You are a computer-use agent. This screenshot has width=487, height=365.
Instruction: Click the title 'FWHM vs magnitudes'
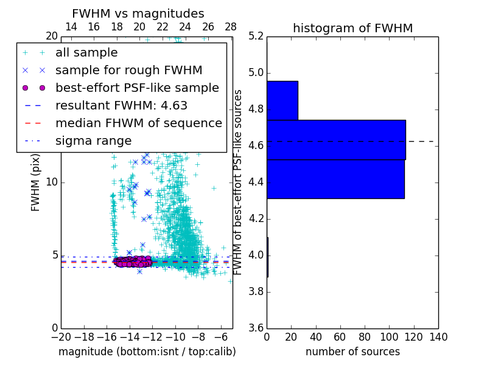pos(138,13)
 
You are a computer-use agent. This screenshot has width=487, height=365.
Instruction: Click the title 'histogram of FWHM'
pos(352,28)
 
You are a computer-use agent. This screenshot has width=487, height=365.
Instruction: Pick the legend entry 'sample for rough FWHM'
pos(128,70)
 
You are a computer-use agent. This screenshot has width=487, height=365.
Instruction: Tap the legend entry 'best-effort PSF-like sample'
pos(137,88)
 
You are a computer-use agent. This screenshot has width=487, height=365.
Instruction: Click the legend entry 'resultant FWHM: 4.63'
pos(121,105)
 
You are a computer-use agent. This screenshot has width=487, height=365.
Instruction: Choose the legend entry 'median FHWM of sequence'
pos(138,123)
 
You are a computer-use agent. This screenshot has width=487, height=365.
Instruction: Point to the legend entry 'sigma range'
pos(93,141)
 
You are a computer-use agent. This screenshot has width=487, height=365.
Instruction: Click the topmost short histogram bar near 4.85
pos(282,100)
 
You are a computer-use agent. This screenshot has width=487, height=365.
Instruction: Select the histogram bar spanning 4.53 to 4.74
pos(336,139)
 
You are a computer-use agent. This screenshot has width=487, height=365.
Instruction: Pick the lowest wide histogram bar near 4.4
pos(335,179)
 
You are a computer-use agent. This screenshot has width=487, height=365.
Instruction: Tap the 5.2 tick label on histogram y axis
pos(256,36)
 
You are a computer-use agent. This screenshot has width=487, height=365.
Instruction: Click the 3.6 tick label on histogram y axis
pos(256,328)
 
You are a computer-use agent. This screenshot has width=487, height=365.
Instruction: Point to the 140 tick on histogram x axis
pos(438,337)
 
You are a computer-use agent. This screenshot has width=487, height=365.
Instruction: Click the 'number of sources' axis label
pos(352,352)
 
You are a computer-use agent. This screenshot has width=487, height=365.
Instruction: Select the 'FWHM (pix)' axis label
pos(36,182)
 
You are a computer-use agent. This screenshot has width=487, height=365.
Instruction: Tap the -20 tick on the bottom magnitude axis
pos(61,337)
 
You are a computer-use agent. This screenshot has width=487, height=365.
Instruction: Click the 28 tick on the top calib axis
pos(231,27)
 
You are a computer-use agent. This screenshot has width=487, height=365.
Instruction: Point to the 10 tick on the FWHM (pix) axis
pos(52,182)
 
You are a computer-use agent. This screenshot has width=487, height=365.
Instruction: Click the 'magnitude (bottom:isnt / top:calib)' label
pos(147,352)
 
